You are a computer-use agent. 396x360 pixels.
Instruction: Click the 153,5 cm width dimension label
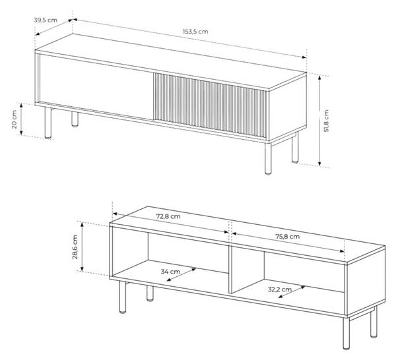(196, 31)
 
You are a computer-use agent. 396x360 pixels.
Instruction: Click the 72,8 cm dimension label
(168, 216)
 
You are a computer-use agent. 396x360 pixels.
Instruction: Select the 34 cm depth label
(171, 271)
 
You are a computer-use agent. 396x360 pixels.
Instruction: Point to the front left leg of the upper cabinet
(48, 123)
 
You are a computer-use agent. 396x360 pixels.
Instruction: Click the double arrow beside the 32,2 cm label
(291, 292)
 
